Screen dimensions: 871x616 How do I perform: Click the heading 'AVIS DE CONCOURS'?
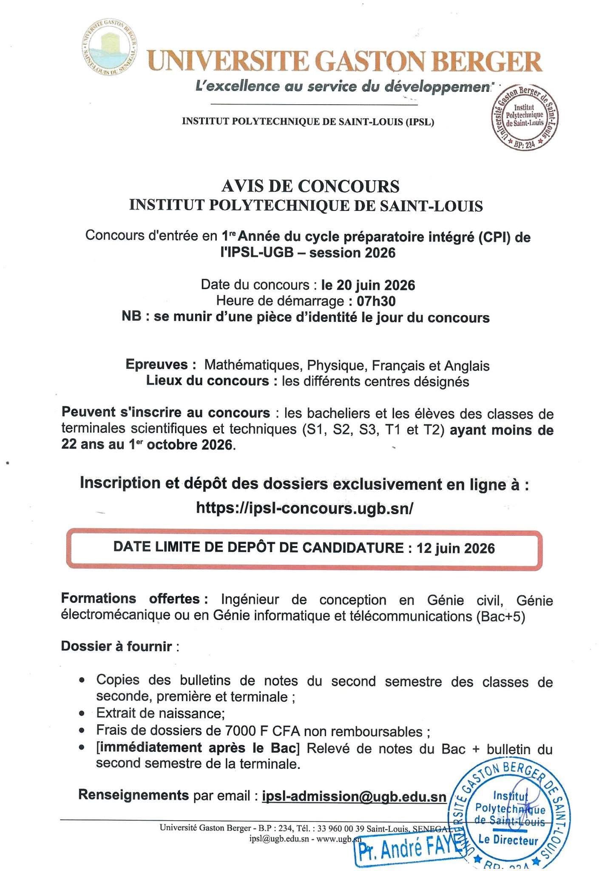[310, 186]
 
